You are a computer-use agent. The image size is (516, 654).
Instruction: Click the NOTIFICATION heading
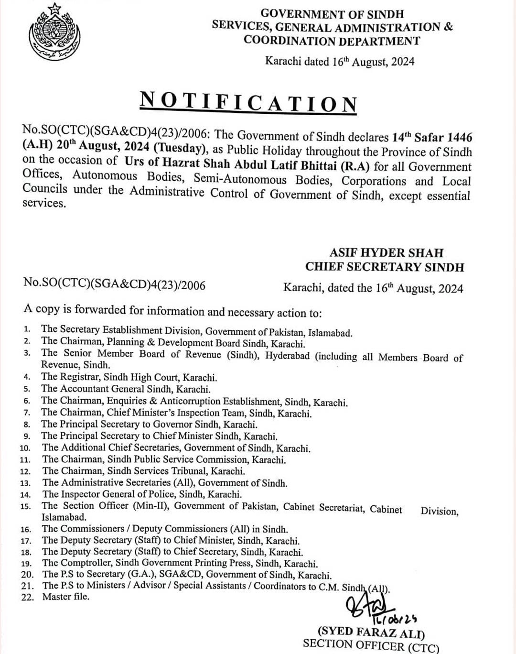point(248,102)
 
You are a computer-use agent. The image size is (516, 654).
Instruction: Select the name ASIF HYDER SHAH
point(386,252)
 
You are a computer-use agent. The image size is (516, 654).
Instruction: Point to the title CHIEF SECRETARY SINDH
point(385,267)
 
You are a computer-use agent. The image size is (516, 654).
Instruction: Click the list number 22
point(27,597)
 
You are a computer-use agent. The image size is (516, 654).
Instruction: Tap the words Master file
point(65,597)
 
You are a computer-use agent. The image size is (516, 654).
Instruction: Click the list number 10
point(25,448)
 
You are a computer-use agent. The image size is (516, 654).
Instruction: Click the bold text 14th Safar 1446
point(432,137)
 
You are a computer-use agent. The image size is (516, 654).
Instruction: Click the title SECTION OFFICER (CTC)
point(371,645)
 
